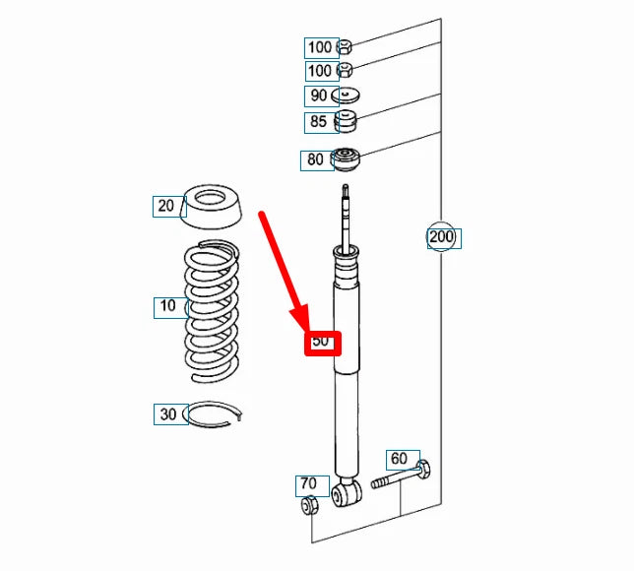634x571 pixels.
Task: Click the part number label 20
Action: coord(165,206)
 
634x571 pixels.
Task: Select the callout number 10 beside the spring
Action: coord(167,305)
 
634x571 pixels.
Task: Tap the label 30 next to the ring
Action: coord(168,414)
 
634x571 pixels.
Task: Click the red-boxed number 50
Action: coord(321,341)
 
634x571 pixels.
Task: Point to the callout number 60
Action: coord(399,459)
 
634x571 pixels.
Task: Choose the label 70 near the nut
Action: coord(308,483)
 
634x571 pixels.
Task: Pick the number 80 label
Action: coord(315,159)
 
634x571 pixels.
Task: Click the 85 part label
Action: coord(318,121)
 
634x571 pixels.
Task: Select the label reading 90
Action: coord(319,95)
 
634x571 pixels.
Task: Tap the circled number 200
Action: coord(441,236)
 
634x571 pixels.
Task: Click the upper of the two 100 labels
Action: coord(320,47)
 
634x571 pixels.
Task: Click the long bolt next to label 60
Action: coord(401,476)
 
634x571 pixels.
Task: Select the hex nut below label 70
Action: coord(310,505)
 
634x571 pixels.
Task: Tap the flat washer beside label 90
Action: coord(346,95)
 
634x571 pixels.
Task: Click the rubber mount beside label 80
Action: coord(345,159)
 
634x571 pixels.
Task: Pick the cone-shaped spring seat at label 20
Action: coord(211,206)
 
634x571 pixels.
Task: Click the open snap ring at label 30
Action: coord(212,414)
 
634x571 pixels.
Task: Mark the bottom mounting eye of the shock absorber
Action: coord(347,493)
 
